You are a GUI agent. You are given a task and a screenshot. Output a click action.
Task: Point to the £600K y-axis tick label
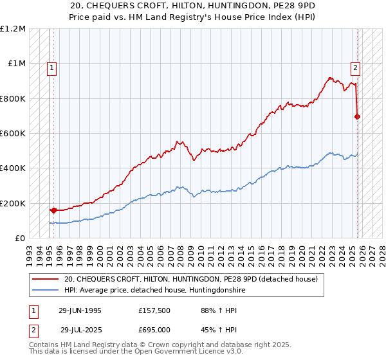pyautogui.click(x=13, y=134)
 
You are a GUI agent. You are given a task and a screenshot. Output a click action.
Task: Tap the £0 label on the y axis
pyautogui.click(x=20, y=239)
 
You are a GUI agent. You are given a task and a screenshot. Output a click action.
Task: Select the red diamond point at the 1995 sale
pyautogui.click(x=53, y=210)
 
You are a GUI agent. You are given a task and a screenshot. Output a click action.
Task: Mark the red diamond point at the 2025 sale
pyautogui.click(x=358, y=117)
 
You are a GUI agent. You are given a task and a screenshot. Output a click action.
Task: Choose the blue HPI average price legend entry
pyautogui.click(x=154, y=291)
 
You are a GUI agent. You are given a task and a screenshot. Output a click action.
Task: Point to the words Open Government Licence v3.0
pyautogui.click(x=184, y=353)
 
